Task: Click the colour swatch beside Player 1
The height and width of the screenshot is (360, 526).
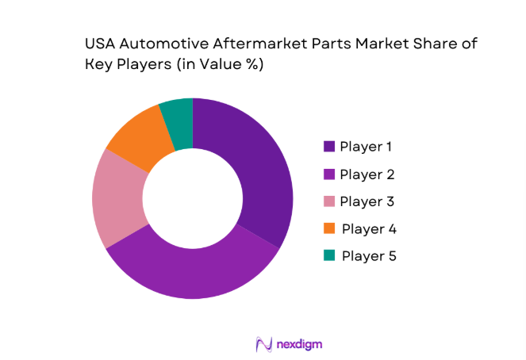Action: (x=328, y=146)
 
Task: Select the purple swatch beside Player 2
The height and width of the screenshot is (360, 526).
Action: (x=328, y=174)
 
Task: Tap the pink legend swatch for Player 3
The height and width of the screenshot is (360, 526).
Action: (x=328, y=201)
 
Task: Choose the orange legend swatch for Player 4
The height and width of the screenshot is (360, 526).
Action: (x=328, y=229)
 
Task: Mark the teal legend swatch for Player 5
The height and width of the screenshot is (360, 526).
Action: (x=328, y=256)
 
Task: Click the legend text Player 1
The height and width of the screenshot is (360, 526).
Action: (x=367, y=146)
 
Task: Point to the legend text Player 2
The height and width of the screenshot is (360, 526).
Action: (x=367, y=174)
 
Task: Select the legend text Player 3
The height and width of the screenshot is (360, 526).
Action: (x=367, y=201)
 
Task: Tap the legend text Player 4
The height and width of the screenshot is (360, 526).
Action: (x=369, y=229)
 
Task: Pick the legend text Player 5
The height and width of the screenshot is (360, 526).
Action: (x=369, y=256)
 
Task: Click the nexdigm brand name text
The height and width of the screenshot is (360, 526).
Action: (x=299, y=343)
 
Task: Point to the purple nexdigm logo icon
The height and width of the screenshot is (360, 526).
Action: (x=263, y=343)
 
